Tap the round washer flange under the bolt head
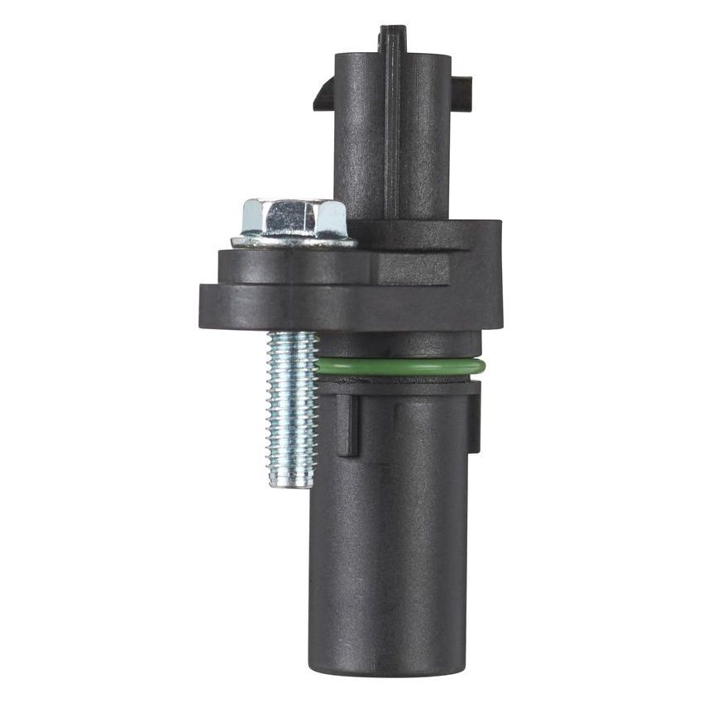[294, 242]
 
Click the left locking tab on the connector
[323, 93]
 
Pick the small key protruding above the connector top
[393, 37]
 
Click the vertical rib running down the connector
[392, 132]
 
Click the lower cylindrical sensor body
[389, 538]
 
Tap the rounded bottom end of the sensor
[389, 666]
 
